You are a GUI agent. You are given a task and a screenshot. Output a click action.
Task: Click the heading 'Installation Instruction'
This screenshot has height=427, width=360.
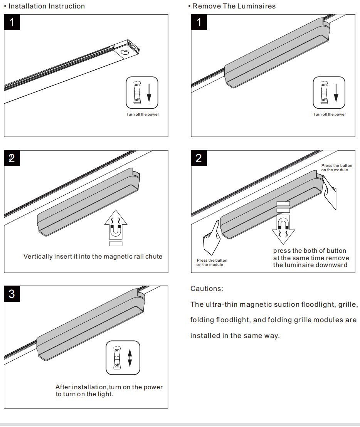(47, 6)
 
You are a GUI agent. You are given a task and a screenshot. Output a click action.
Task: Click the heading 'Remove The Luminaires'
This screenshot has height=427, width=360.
(234, 6)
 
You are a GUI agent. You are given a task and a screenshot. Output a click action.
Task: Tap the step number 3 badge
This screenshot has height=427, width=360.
(12, 294)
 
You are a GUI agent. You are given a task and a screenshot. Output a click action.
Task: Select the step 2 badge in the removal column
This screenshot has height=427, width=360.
(199, 158)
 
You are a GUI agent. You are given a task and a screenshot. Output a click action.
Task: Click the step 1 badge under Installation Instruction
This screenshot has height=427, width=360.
(12, 23)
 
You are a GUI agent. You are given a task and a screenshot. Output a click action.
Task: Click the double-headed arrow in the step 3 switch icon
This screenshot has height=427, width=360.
(130, 357)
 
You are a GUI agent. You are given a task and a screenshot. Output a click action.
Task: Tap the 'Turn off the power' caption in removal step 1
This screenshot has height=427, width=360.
(330, 114)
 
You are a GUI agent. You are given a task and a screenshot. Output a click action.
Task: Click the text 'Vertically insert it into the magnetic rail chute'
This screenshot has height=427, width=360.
(93, 257)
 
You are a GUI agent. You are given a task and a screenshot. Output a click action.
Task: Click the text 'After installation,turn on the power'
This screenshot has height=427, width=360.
(109, 387)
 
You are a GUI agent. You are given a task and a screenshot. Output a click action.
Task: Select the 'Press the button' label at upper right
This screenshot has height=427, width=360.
(336, 166)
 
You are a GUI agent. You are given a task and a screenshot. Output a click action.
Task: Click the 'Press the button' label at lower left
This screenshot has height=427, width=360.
(212, 261)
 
